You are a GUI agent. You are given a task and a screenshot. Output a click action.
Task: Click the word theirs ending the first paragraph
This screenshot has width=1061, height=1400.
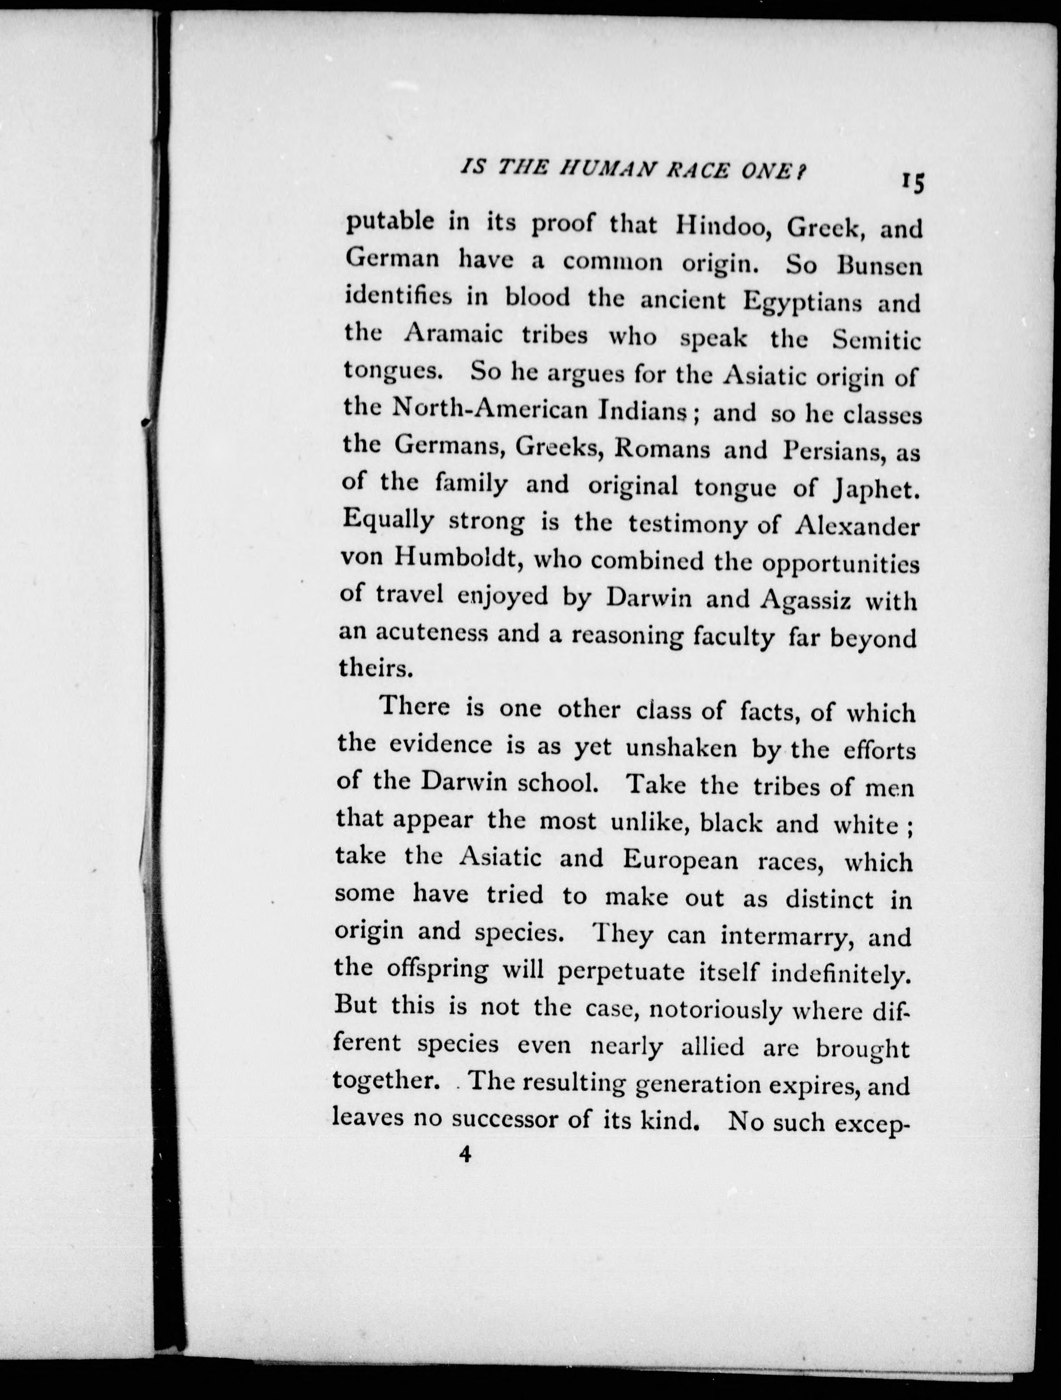376,668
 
